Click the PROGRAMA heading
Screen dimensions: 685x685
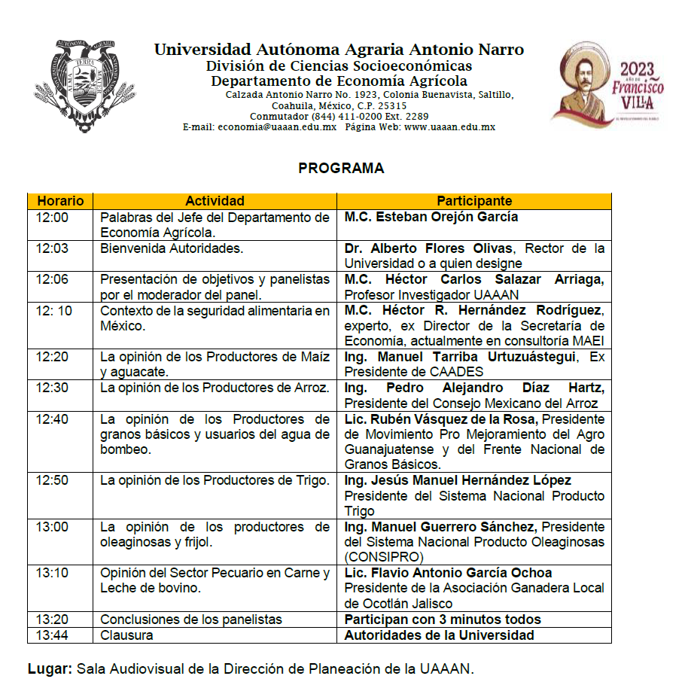click(x=341, y=169)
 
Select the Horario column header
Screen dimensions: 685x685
click(x=59, y=201)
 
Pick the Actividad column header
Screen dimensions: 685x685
click(x=215, y=201)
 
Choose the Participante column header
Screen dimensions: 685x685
click(x=474, y=201)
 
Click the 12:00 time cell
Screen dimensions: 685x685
click(x=52, y=218)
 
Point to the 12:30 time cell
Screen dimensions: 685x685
click(x=52, y=388)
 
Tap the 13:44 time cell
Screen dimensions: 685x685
click(x=52, y=635)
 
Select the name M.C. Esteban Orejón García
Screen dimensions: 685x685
click(x=431, y=218)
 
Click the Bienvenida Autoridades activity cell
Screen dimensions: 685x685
click(x=172, y=248)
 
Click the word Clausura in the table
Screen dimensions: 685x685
click(x=126, y=635)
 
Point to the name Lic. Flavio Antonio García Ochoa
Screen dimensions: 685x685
click(x=448, y=573)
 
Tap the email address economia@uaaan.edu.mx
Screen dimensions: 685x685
click(x=277, y=127)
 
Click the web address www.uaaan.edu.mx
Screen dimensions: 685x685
click(x=449, y=127)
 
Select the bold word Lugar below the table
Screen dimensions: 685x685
click(x=50, y=668)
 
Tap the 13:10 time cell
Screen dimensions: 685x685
click(x=52, y=573)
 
